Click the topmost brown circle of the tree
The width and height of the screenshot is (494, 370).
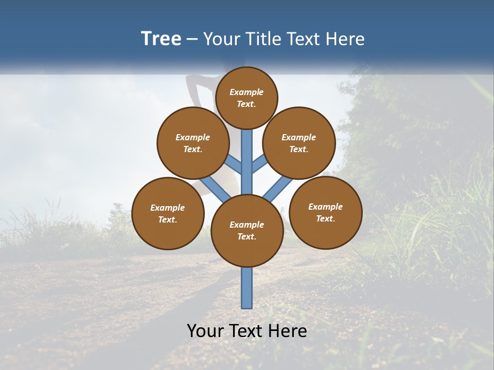click(x=246, y=98)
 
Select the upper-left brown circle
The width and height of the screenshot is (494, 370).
click(x=193, y=143)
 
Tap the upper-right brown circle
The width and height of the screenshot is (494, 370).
click(x=299, y=143)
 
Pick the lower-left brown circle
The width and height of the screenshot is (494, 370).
click(x=168, y=213)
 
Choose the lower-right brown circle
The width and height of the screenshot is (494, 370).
click(x=326, y=212)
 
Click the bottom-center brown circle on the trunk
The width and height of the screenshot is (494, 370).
click(x=247, y=230)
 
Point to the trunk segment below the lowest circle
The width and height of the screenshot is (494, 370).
click(x=247, y=288)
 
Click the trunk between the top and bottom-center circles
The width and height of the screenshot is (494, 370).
click(x=247, y=162)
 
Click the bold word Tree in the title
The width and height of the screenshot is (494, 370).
click(x=161, y=39)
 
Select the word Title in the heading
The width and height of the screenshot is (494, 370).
click(x=263, y=39)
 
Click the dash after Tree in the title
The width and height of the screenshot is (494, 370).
click(x=192, y=39)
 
